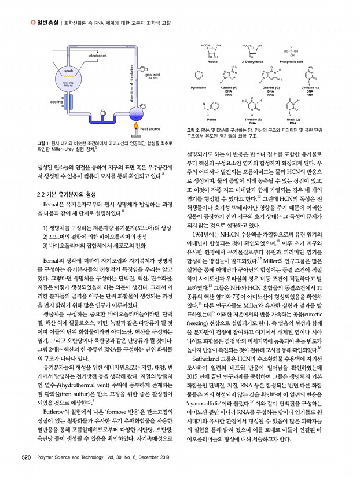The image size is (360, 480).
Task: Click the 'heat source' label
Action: [x=150, y=129]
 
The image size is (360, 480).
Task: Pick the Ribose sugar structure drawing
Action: [x=212, y=50]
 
